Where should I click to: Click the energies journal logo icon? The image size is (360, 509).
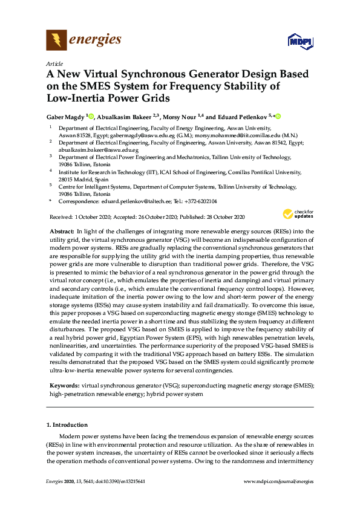pyautogui.click(x=56, y=41)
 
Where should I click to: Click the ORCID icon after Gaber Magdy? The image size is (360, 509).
pyautogui.click(x=91, y=116)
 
